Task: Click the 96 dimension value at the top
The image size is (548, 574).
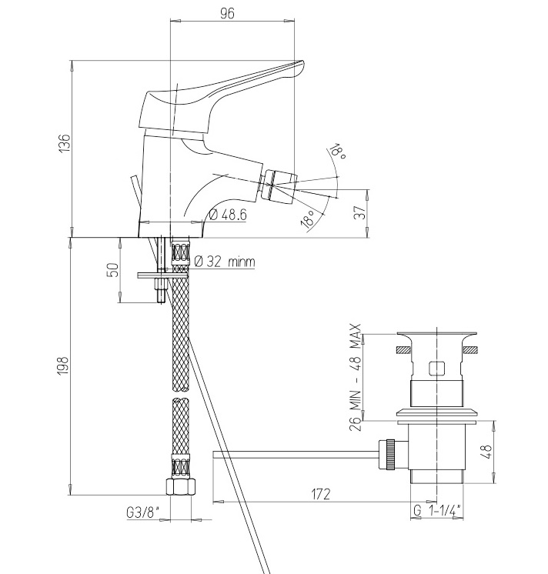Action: (227, 13)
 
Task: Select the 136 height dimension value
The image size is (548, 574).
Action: (64, 143)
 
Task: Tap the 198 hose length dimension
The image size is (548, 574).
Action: (62, 365)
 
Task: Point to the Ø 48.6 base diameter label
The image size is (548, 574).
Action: (228, 215)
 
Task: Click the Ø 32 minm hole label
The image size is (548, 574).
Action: (225, 262)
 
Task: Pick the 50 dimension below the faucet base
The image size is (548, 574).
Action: (114, 270)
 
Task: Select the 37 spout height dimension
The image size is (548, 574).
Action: (360, 212)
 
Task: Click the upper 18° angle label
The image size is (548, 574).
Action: (338, 151)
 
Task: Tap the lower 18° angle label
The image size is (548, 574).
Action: (308, 219)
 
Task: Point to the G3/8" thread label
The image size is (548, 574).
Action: (143, 512)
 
